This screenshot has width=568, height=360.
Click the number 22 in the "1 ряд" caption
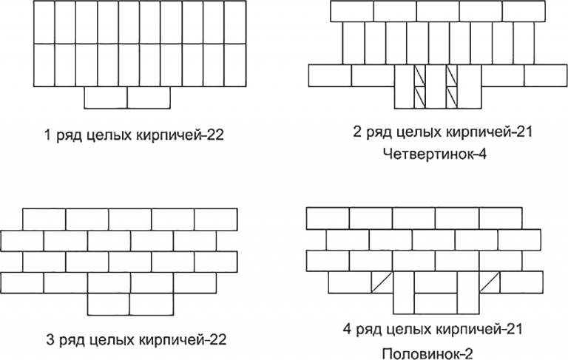pos(215,135)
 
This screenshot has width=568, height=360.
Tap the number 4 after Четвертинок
pos(481,154)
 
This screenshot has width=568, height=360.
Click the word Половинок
pos(419,353)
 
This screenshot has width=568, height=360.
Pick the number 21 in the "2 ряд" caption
pos(524,132)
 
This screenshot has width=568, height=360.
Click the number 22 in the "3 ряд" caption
pos(217,340)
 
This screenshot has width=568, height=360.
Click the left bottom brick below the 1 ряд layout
pos(106,98)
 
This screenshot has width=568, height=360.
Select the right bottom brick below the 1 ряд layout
pos(149,98)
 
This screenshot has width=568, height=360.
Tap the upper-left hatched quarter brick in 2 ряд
pos(420,75)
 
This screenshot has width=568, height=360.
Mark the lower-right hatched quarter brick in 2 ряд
pos(452,98)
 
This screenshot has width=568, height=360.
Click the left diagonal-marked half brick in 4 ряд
pos(382,282)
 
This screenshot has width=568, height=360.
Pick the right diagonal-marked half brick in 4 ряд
pos(490,282)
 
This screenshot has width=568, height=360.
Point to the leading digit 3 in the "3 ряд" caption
pos(51,340)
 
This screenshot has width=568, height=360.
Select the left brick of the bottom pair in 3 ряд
pos(108,305)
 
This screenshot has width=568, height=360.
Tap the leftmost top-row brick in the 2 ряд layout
pos(352,11)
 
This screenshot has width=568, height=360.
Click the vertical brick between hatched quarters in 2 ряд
pos(436,86)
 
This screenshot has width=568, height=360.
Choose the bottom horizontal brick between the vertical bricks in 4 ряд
pos(436,304)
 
